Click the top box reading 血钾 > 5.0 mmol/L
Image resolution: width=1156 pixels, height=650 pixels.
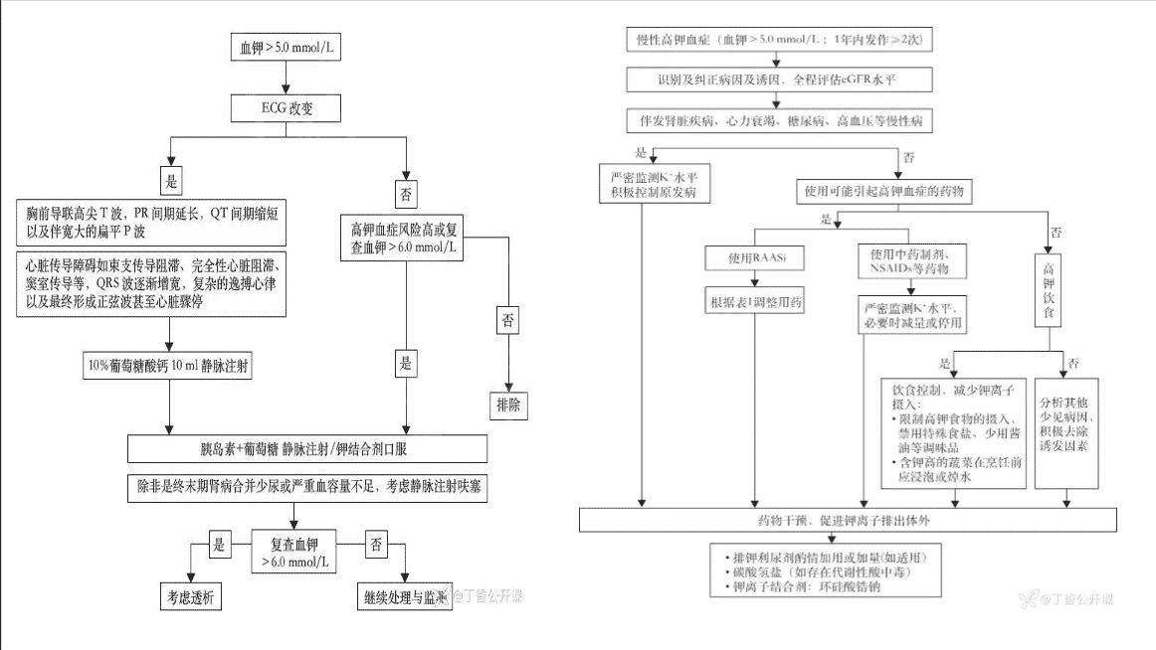(287, 47)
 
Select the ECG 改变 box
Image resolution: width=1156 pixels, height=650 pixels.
(287, 105)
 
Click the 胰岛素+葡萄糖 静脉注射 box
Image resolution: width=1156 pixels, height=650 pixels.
(307, 449)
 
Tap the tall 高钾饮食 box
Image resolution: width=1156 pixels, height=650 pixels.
(1049, 293)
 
